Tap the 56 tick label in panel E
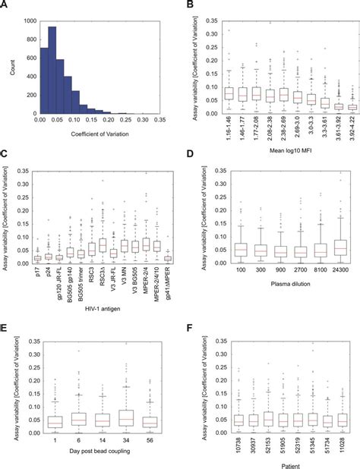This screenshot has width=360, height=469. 149,439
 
